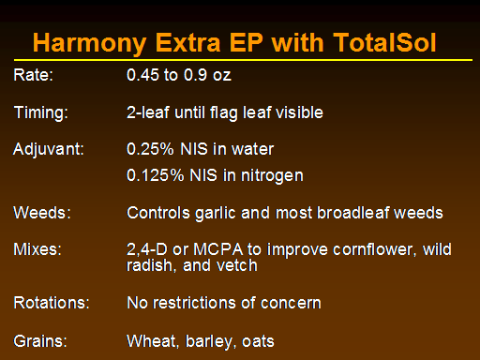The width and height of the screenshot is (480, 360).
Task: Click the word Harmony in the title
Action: (90, 44)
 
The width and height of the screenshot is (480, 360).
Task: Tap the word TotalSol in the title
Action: (384, 42)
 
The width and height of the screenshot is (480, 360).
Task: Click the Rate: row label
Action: (34, 75)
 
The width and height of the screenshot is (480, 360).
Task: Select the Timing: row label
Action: (41, 113)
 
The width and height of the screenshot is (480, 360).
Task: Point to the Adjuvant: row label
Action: (49, 150)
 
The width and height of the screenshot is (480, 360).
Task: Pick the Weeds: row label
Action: (42, 213)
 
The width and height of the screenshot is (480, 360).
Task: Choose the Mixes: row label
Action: (37, 249)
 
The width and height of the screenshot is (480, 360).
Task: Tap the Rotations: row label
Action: (52, 303)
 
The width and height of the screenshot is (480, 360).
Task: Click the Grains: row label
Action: (40, 341)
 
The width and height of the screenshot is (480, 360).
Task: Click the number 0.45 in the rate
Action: (142, 75)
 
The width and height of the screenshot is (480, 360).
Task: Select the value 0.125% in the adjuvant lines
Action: (156, 175)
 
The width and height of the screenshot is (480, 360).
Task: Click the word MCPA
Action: (218, 249)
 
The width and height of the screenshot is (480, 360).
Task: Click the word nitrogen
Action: (272, 176)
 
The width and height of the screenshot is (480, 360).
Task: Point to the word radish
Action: (150, 266)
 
